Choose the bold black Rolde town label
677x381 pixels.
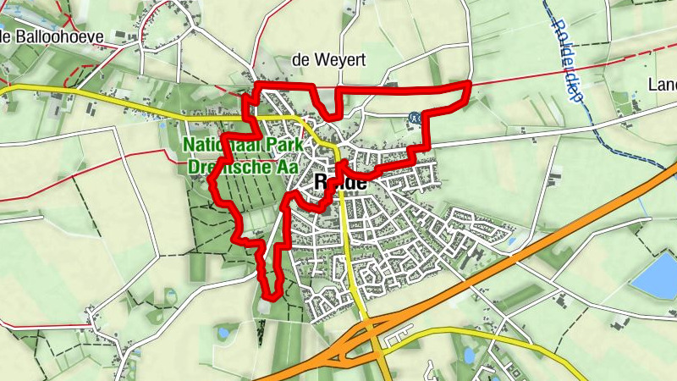tap(339, 182)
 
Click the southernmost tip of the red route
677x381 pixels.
tap(271, 296)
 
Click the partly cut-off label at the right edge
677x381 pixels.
tap(661, 85)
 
